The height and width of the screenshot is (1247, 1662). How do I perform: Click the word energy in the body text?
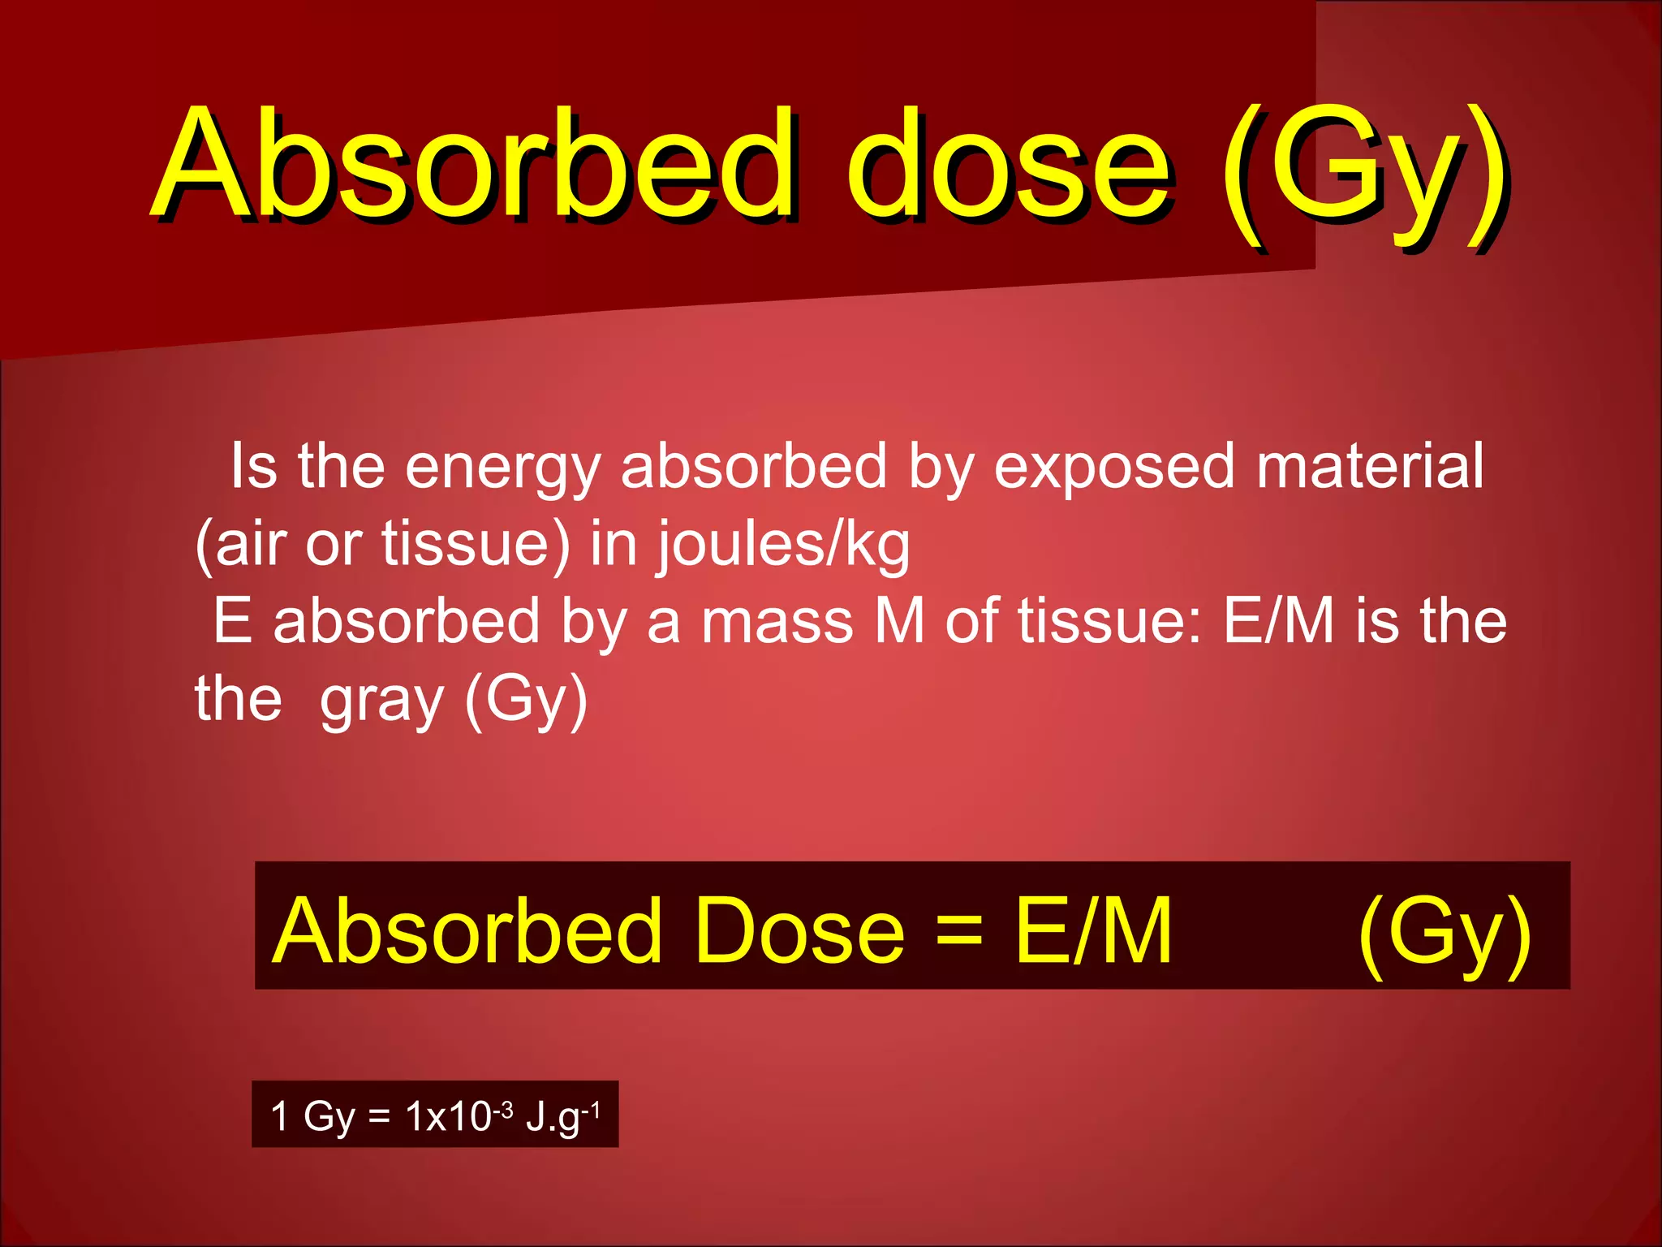click(x=502, y=468)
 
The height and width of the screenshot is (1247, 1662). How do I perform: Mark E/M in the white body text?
click(x=1278, y=620)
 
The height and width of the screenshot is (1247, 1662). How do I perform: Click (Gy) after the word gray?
click(x=526, y=700)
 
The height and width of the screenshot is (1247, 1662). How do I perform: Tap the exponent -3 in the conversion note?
click(x=502, y=1109)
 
